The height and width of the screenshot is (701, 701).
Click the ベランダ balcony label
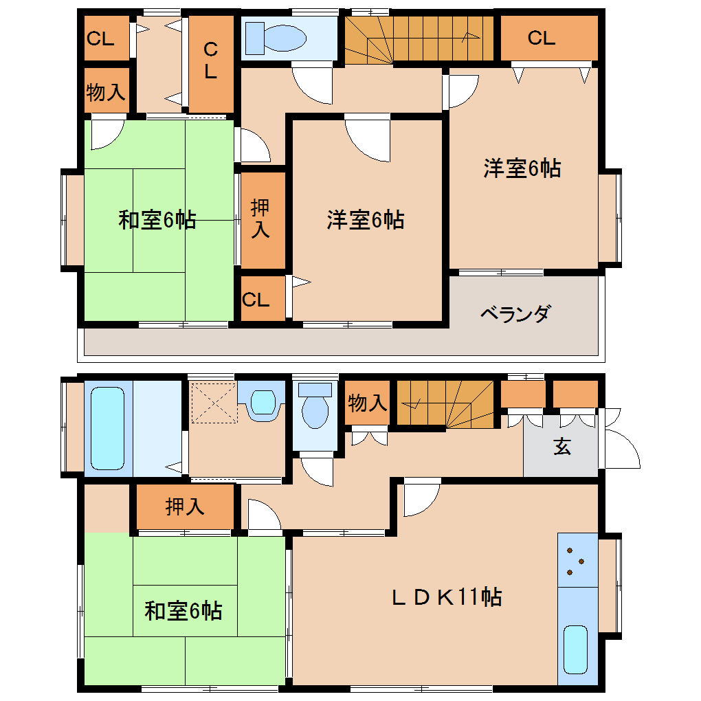point(515,314)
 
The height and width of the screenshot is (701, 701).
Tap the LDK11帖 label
point(447,597)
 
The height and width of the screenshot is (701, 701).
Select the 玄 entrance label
point(562,447)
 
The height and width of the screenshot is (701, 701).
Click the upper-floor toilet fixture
point(276,38)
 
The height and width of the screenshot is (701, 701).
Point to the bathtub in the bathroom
point(107,428)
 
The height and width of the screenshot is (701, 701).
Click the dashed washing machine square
point(214,402)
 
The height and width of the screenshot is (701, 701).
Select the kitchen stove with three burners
point(577,560)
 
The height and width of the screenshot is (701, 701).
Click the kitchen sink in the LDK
point(575,649)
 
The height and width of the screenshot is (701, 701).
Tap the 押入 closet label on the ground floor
point(185,507)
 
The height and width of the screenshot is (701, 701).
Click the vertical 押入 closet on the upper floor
point(263,220)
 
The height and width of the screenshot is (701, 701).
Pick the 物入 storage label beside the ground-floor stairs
point(367,403)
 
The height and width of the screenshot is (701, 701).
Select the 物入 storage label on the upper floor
point(106,92)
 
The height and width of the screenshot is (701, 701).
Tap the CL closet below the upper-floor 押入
point(263,299)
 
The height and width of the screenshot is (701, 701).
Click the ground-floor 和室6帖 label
point(183,611)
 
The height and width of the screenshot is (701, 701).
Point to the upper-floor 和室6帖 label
point(157,220)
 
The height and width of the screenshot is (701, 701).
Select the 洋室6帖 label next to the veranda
point(522,168)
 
